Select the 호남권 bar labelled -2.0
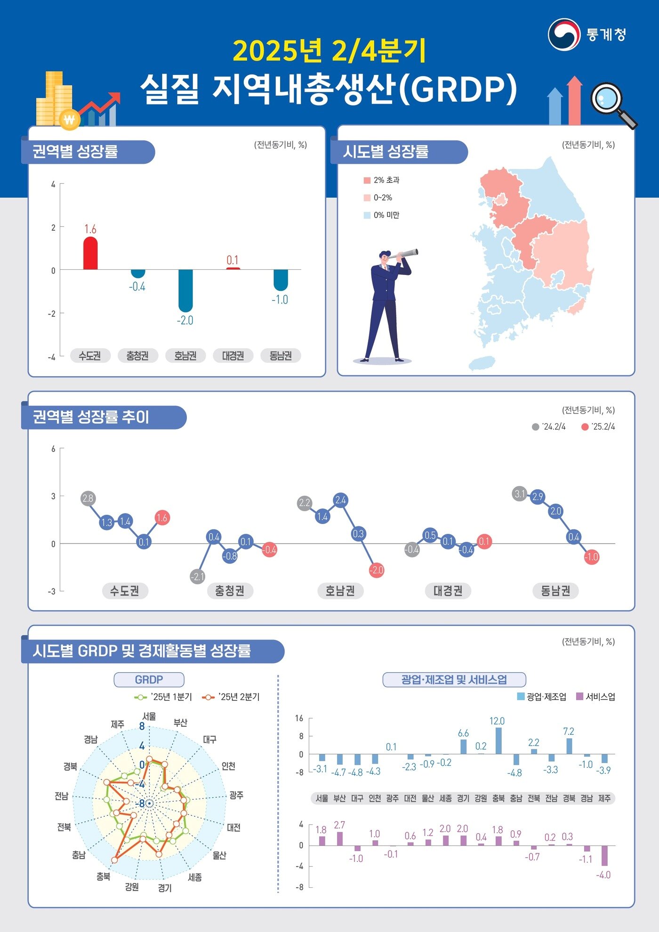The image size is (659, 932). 185,290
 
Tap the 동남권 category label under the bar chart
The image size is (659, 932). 281,356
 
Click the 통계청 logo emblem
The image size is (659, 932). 563,34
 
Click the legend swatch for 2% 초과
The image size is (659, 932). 367,180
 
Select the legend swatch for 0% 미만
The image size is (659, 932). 367,215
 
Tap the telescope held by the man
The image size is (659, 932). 407,254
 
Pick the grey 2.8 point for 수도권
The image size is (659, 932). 88,498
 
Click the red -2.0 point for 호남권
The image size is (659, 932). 377,570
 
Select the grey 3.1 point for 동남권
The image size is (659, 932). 519,494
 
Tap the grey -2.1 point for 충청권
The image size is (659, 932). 197,577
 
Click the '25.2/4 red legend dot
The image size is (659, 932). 585,427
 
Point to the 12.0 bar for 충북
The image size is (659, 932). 498,740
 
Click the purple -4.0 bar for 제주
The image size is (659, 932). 604,855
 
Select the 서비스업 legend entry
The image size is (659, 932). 595,697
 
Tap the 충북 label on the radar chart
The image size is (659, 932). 104,876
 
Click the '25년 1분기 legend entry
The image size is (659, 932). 164,697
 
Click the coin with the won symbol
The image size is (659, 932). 69,120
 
